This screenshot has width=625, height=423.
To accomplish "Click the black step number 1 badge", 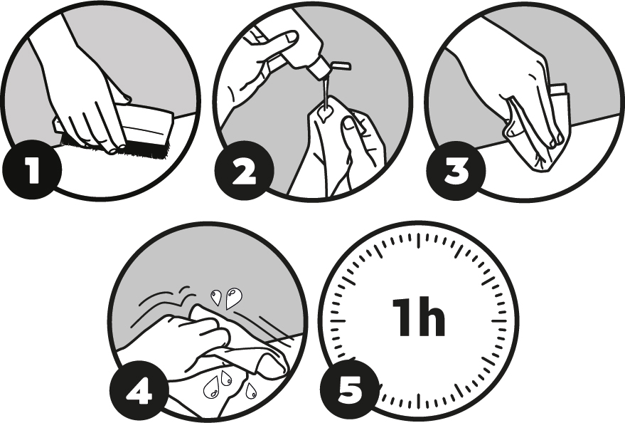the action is (x=32, y=171).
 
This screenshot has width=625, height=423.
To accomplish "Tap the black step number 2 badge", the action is (x=245, y=171).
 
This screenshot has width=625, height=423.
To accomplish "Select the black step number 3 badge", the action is (x=456, y=171).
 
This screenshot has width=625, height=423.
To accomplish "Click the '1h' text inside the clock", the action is (x=419, y=317).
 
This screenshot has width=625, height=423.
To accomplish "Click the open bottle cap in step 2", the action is (x=341, y=65).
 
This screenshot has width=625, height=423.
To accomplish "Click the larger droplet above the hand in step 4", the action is (x=233, y=298).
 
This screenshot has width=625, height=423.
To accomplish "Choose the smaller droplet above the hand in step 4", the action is (x=216, y=297).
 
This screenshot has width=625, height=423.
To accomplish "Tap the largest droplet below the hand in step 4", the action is (x=211, y=387).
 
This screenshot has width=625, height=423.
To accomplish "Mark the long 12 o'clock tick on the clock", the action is (x=419, y=239).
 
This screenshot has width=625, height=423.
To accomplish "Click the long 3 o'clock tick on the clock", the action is (x=498, y=321).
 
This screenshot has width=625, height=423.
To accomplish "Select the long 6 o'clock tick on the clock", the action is (x=419, y=401).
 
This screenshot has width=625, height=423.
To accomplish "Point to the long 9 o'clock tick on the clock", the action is (x=338, y=321).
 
